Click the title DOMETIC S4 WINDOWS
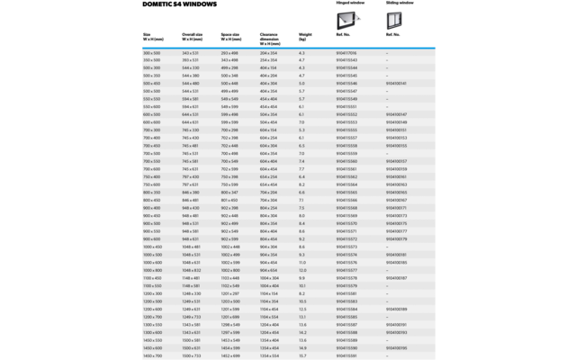pyautogui.click(x=179, y=4)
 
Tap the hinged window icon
pyautogui.click(x=348, y=19)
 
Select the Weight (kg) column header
pyautogui.click(x=305, y=37)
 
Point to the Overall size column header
pyautogui.click(x=193, y=37)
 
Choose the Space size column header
pyautogui.click(x=231, y=37)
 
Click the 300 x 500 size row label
pyautogui.click(x=152, y=53)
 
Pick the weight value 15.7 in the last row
pyautogui.click(x=302, y=355)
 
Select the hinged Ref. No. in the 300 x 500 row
pyautogui.click(x=346, y=53)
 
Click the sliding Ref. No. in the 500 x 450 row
pyautogui.click(x=396, y=84)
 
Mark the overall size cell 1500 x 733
pyautogui.click(x=192, y=355)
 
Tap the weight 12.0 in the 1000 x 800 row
pyautogui.click(x=302, y=270)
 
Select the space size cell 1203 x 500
pyautogui.click(x=231, y=301)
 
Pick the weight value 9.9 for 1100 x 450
pyautogui.click(x=302, y=278)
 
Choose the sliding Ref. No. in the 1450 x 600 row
pyautogui.click(x=396, y=347)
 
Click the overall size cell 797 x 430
pyautogui.click(x=191, y=176)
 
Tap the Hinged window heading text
pyautogui.click(x=349, y=3)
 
